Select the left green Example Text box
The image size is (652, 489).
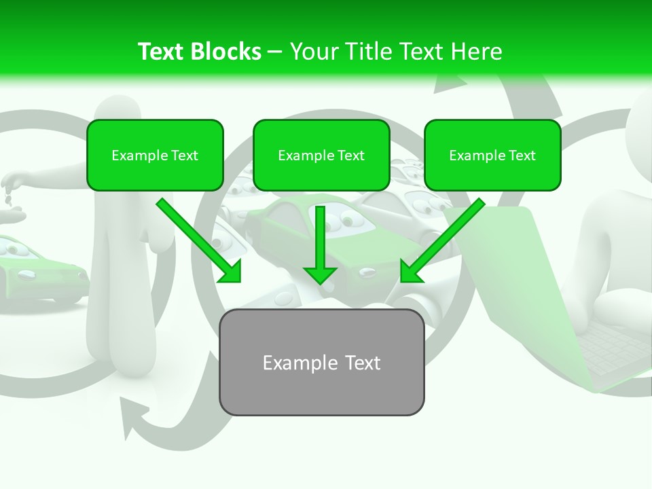point(155,155)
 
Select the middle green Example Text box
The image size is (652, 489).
point(321,155)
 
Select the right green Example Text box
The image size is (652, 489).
point(492,155)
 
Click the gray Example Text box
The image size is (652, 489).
point(321,362)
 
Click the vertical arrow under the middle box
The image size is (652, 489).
point(320,241)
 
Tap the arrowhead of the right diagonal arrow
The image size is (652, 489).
point(411,272)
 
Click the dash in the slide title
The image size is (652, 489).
point(275,52)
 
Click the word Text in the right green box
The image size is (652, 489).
point(522,156)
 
